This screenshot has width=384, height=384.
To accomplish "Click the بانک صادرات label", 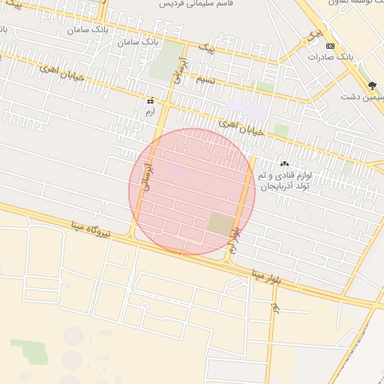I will click(x=331, y=57).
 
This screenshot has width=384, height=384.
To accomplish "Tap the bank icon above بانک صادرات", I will click(x=331, y=46).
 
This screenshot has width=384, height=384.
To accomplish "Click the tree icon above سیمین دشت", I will click(x=372, y=85).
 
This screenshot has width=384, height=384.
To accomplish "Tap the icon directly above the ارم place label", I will click(x=151, y=100).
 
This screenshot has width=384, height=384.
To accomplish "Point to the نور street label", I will click(x=276, y=307).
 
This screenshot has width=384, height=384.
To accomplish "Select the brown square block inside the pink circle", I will click(x=220, y=223).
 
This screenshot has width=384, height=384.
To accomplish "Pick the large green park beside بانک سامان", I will click(x=164, y=61).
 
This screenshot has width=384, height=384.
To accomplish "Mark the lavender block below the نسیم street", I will click(x=247, y=108).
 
